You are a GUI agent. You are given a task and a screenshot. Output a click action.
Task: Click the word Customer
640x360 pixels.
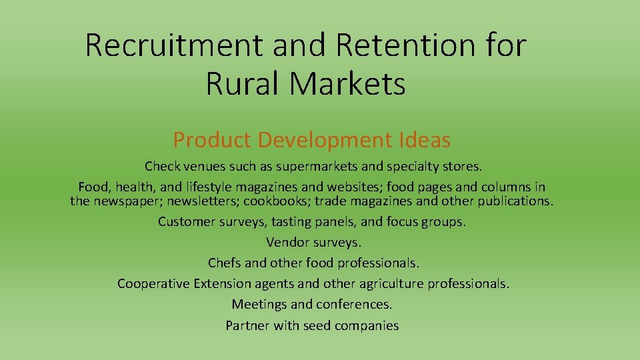pos(187,222)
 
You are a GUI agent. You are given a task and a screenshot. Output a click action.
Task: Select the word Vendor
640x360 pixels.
pos(286,243)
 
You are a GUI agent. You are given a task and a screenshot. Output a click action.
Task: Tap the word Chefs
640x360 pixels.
pos(224,263)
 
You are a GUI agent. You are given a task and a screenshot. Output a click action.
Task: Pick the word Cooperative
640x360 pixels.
pos(153,284)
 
